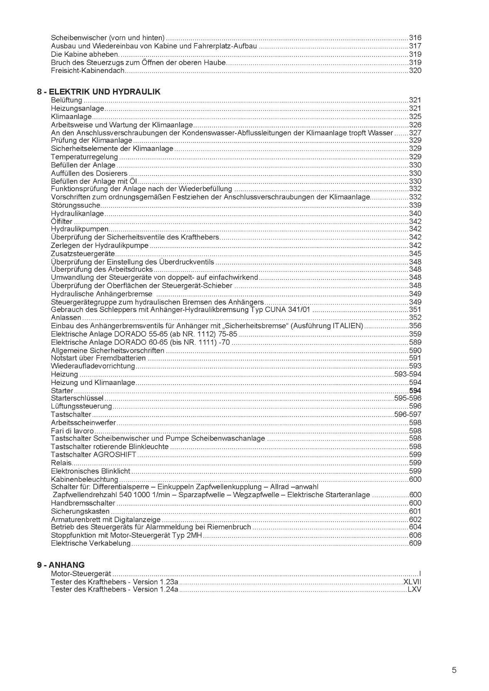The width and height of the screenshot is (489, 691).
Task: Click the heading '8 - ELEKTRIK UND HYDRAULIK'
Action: [99, 92]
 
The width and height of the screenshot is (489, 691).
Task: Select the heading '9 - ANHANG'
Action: [61, 565]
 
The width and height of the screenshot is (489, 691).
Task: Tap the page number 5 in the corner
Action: [454, 638]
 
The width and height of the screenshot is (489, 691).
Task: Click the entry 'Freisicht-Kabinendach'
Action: [88, 71]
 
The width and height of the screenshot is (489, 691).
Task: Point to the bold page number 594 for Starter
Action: [415, 391]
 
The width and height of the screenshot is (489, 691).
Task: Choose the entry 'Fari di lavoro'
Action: [72, 431]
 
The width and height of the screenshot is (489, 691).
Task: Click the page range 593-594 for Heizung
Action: [407, 374]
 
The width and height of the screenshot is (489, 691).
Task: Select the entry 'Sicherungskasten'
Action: [80, 511]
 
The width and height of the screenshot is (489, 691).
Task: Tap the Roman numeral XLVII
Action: [412, 582]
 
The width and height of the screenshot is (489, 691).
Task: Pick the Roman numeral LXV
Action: [414, 589]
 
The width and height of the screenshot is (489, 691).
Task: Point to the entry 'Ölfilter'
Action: [62, 222]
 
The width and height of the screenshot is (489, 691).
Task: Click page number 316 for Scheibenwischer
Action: [415, 38]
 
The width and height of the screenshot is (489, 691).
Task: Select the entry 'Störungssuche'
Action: [75, 205]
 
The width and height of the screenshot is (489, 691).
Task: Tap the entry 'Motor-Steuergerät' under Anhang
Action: [81, 574]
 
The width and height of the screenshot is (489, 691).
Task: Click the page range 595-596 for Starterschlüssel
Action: [407, 398]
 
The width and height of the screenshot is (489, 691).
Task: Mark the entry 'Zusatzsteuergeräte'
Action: [83, 254]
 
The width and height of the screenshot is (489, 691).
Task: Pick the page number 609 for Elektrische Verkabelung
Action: [415, 544]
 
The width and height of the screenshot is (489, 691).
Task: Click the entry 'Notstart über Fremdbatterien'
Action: [98, 358]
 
